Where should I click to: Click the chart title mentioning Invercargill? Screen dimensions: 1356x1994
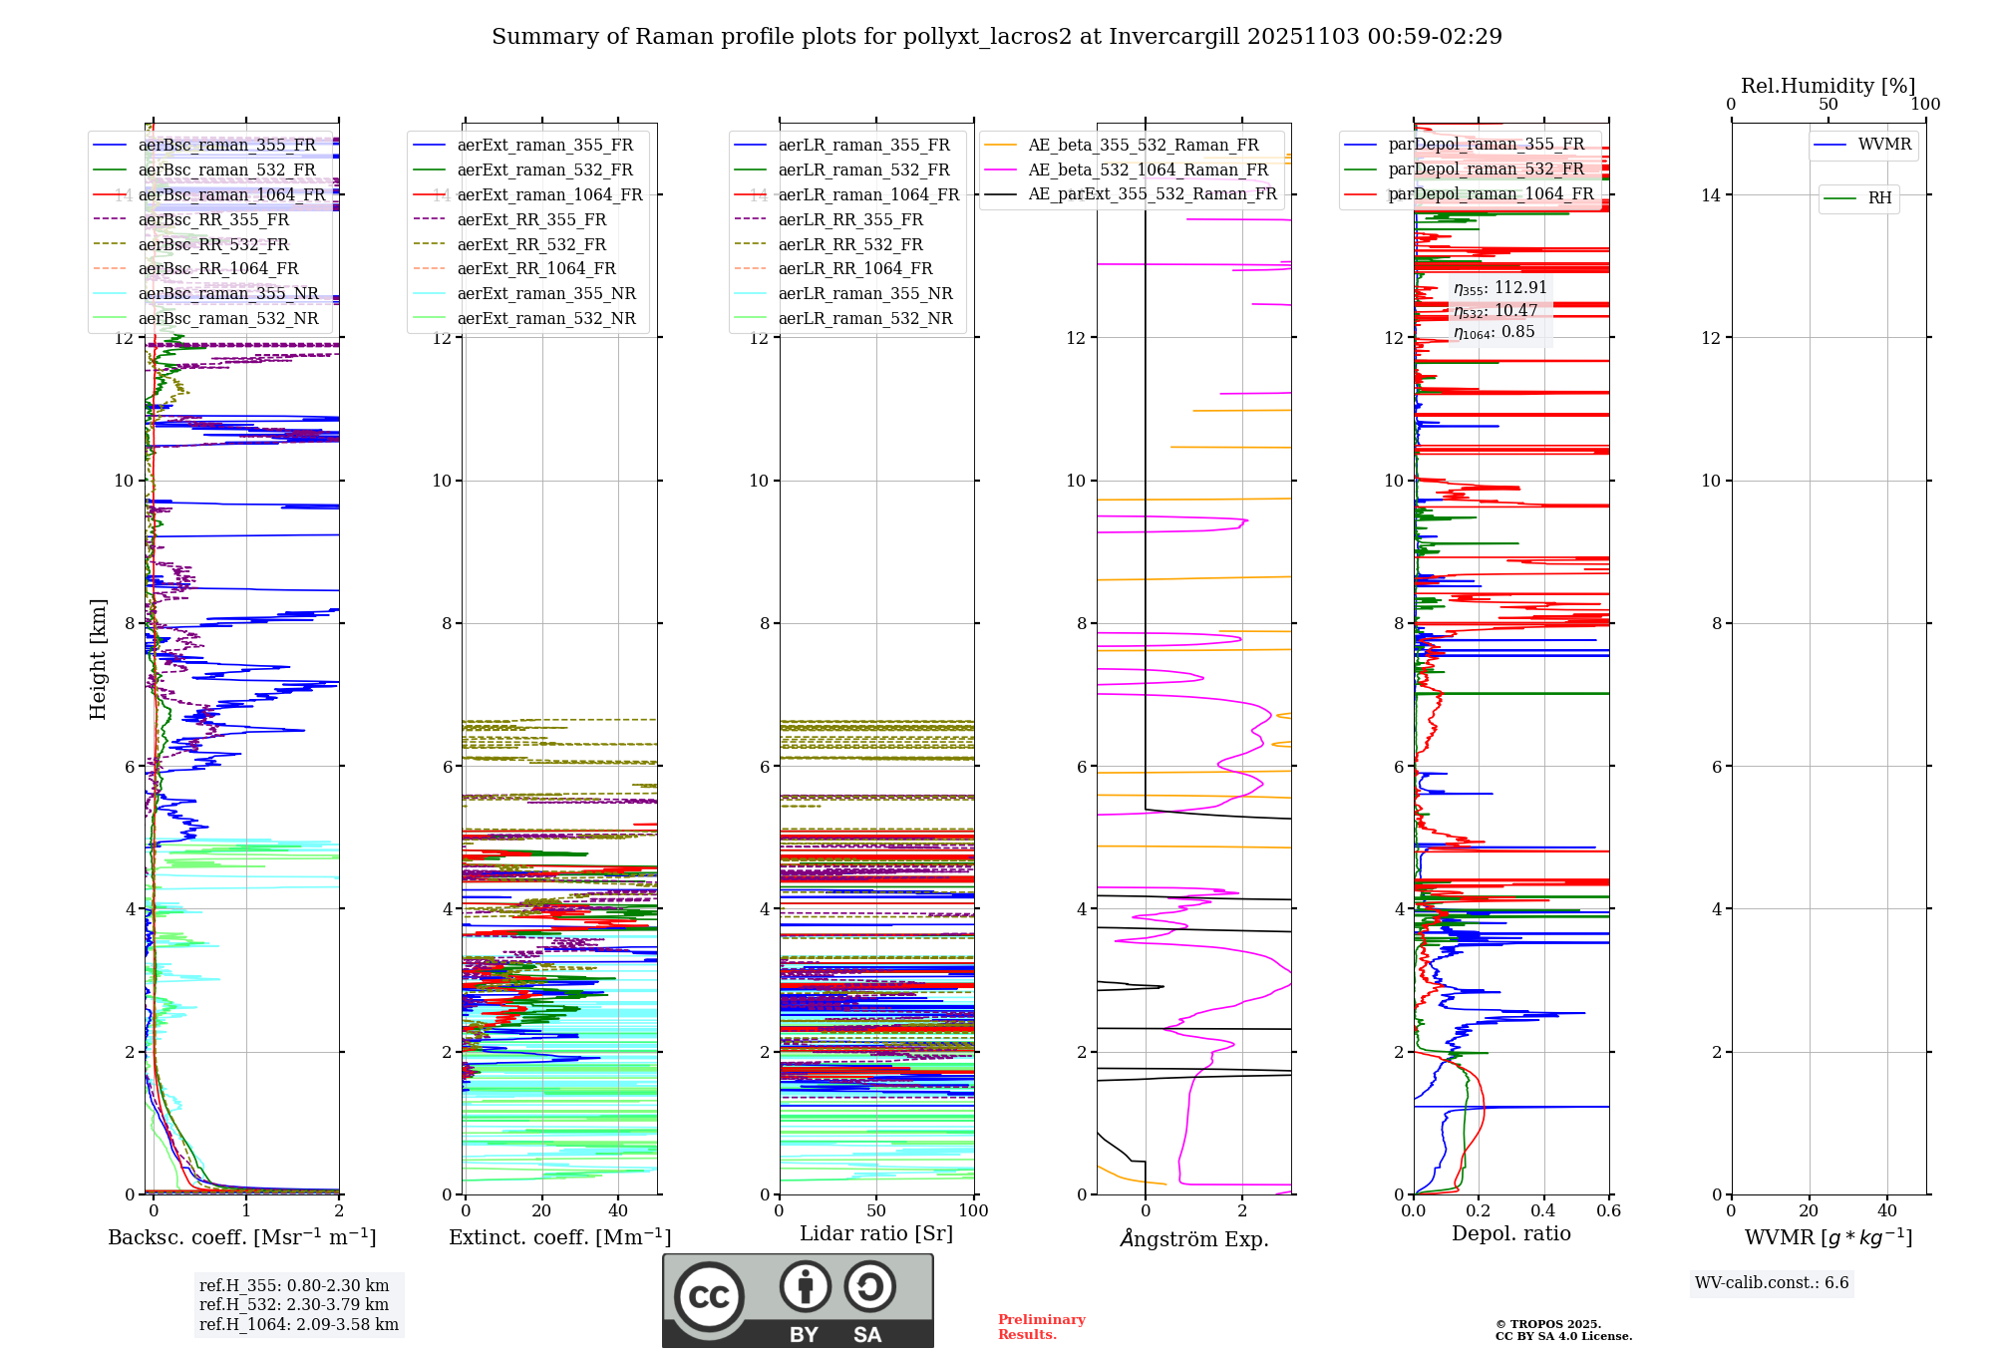996,37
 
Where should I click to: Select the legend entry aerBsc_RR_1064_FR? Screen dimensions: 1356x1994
217,269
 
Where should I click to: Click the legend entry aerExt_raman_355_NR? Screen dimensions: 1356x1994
545,294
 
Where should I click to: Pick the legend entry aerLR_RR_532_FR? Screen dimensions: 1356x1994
850,244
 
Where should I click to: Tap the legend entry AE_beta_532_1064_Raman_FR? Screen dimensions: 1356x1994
1148,169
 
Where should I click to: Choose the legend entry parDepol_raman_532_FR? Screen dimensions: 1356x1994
1486,169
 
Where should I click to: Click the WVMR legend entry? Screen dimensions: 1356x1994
1883,145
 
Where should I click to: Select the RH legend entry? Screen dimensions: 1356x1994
1879,198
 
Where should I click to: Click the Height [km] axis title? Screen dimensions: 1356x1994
98,659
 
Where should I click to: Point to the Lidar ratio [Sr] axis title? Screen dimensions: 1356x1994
876,1233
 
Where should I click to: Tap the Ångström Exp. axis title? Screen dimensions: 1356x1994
1193,1239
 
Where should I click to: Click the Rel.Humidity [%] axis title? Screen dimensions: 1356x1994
1828,86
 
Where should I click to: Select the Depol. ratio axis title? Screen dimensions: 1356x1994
1510,1233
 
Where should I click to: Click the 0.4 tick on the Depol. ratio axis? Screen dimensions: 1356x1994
1543,1210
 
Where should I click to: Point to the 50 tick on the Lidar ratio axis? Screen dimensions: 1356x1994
876,1210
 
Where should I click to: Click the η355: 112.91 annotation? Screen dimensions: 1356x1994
1499,288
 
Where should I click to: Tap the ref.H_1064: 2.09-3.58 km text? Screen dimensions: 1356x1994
298,1325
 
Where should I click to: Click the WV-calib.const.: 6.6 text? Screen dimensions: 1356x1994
1772,1283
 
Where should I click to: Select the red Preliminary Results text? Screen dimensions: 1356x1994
1041,1327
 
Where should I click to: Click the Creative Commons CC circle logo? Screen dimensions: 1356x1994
709,1297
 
